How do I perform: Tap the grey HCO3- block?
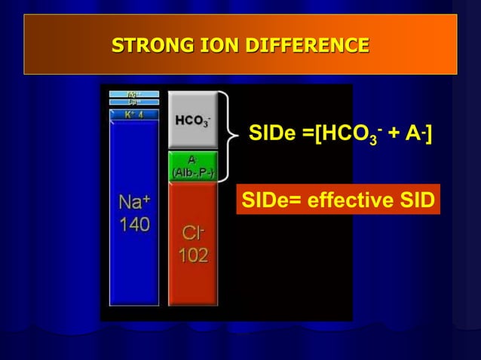point(192,120)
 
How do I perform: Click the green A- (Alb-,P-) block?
point(192,165)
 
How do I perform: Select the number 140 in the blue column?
point(133,224)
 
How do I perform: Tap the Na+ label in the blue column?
point(133,201)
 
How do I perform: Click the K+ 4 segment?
point(133,114)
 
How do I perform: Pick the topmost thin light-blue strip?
point(133,94)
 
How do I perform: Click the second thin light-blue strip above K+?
point(133,102)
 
